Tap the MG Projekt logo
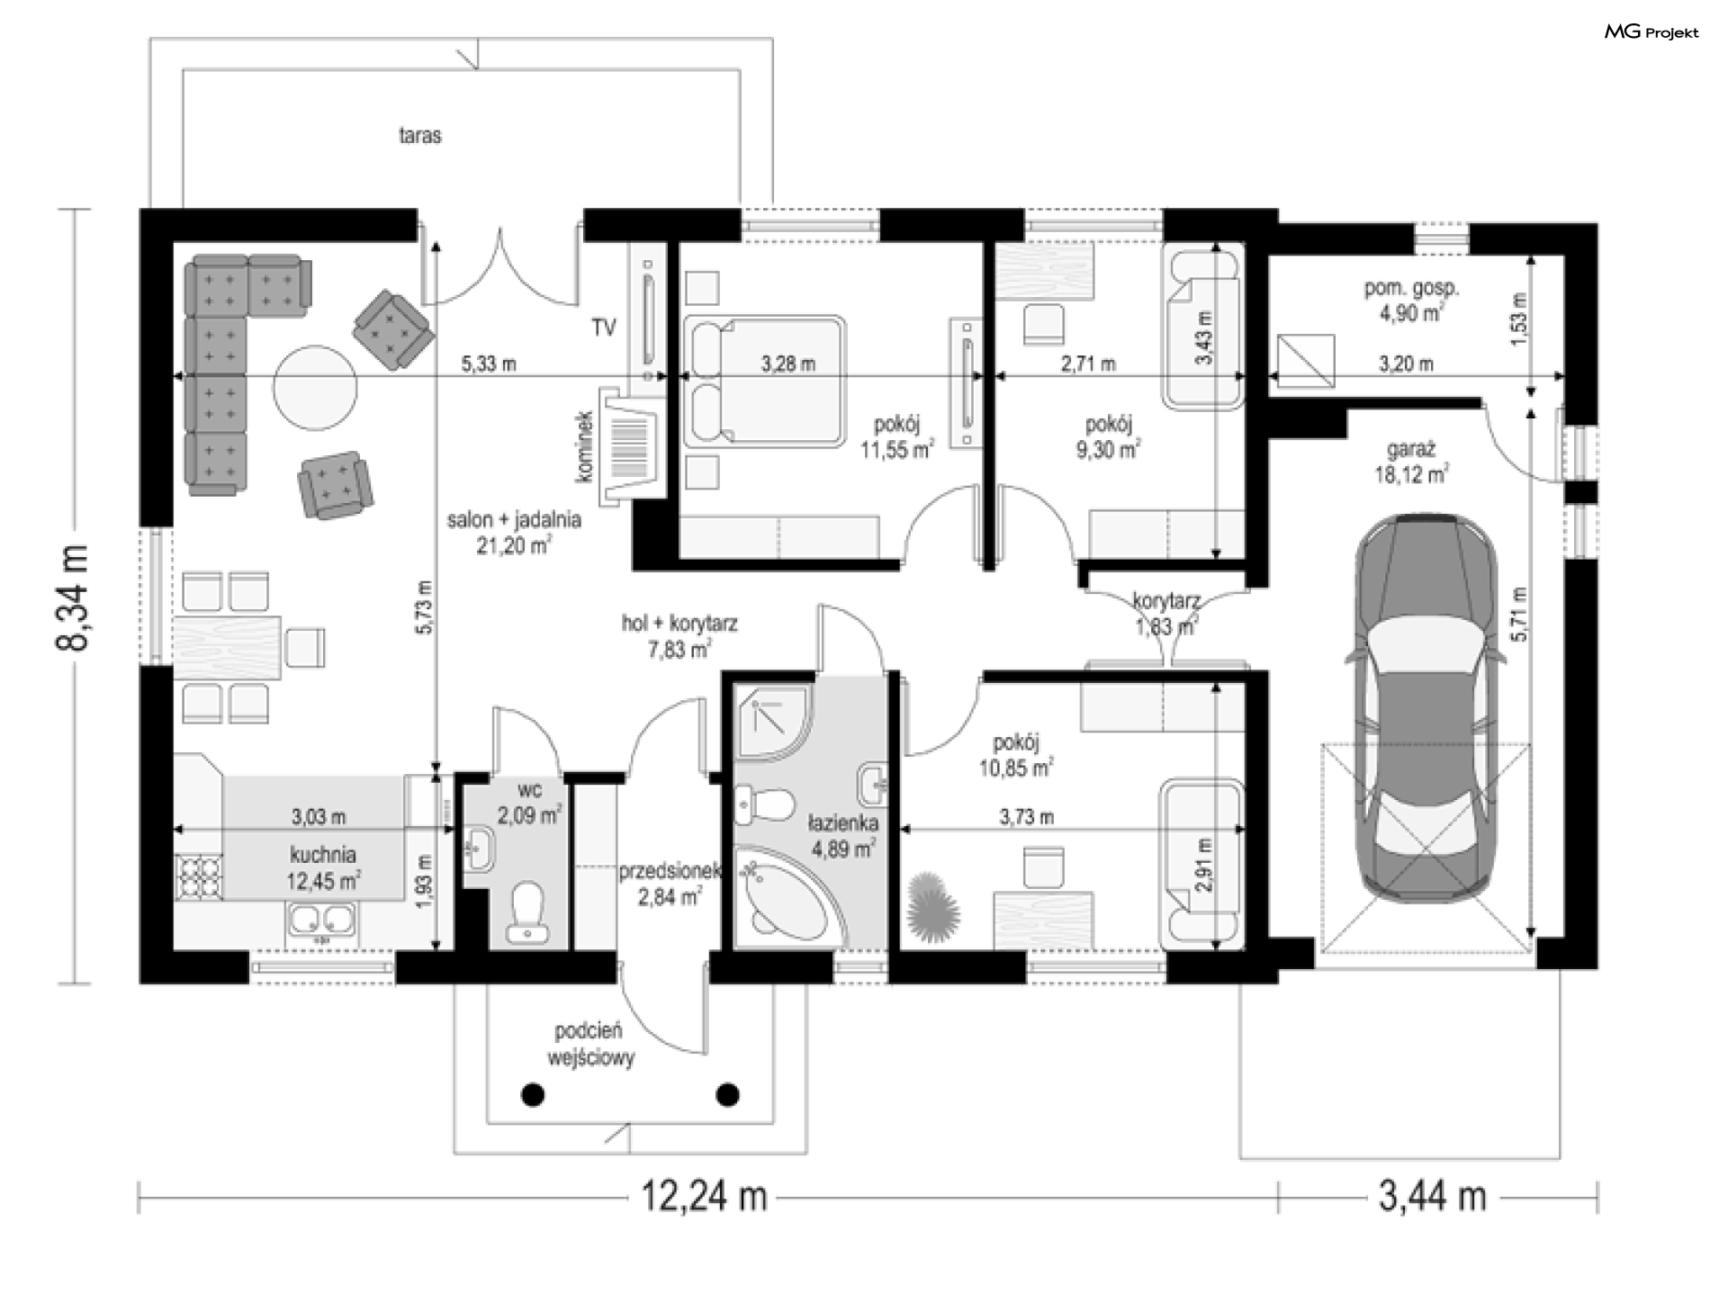click(1652, 32)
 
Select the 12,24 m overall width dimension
click(704, 1198)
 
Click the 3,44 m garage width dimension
click(1432, 1198)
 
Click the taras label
click(420, 136)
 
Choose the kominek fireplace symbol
click(632, 445)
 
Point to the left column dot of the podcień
click(534, 1094)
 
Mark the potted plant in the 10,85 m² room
click(934, 905)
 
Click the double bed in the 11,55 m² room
click(764, 382)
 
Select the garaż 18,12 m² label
click(1411, 462)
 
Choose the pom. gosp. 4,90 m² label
click(1411, 301)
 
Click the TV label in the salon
click(604, 328)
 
